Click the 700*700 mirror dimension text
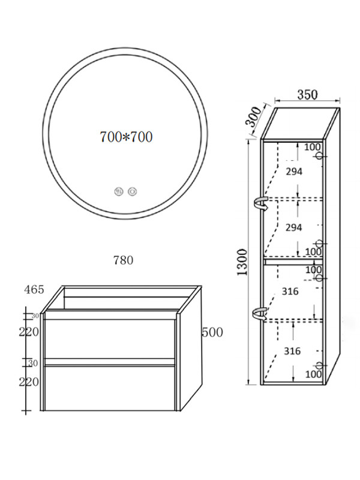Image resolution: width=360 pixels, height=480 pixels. click(126, 137)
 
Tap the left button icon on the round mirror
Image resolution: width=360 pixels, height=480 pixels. click(118, 192)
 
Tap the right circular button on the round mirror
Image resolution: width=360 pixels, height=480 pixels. click(132, 192)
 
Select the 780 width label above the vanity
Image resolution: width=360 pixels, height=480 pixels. click(124, 260)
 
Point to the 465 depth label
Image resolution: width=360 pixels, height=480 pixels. click(34, 290)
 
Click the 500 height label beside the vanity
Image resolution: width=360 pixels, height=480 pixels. click(212, 332)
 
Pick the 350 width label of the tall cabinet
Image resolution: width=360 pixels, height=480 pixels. click(307, 95)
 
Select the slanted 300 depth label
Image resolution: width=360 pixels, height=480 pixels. click(254, 117)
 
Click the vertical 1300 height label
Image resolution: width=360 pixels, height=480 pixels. click(242, 262)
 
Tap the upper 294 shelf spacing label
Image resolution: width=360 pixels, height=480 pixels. click(294, 172)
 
